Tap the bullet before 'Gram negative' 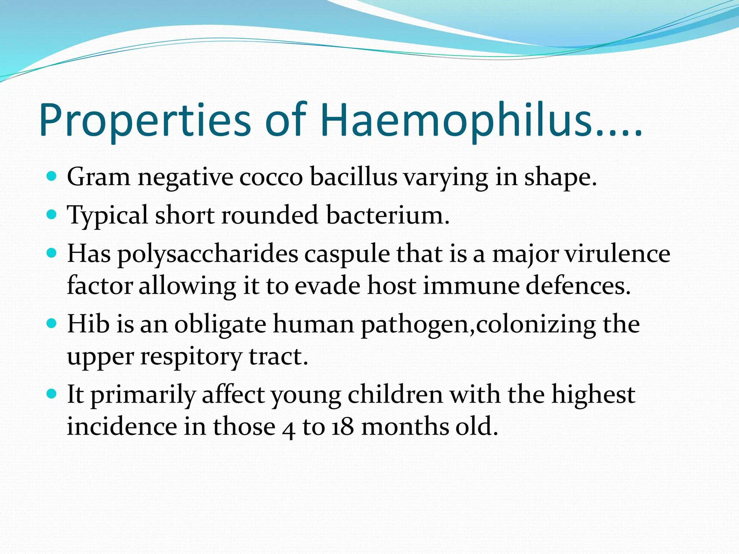tap(52, 177)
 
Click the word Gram tap(99, 177)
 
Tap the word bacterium tap(388, 215)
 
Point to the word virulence tap(617, 254)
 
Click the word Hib tap(88, 324)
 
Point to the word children tap(395, 394)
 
